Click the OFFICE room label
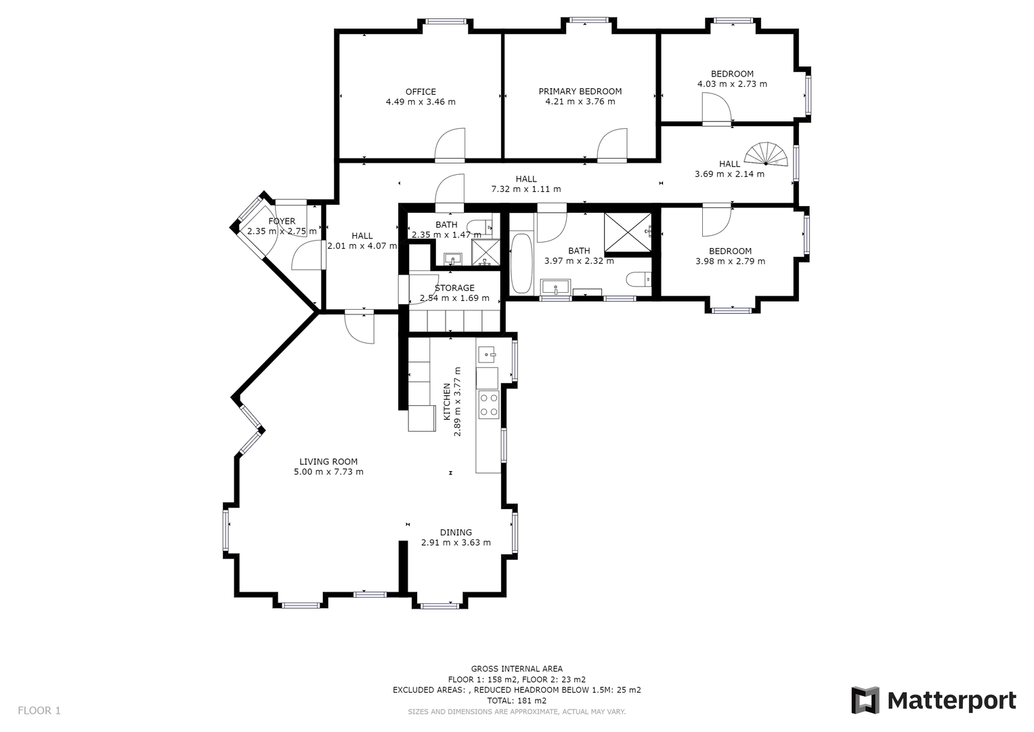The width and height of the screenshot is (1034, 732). [421, 91]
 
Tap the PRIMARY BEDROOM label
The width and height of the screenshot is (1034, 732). [580, 91]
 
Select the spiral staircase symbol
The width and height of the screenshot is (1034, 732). [767, 154]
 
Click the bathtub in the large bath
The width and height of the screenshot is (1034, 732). [521, 263]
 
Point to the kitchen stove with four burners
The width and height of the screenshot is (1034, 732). [488, 405]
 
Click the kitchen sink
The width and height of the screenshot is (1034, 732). [487, 354]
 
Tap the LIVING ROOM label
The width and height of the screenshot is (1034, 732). [328, 461]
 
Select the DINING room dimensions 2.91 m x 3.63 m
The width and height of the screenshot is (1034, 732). [456, 542]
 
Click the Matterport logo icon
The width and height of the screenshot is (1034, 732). [865, 700]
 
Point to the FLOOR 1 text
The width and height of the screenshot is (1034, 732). [39, 710]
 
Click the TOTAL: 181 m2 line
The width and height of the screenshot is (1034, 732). [517, 701]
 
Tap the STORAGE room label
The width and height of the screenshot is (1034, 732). [454, 288]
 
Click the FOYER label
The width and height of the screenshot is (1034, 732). [282, 222]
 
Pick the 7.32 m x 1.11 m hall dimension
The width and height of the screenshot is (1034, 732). [525, 189]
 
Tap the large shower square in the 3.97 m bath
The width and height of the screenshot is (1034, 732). [628, 232]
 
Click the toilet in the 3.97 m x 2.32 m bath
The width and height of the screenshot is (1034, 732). [639, 279]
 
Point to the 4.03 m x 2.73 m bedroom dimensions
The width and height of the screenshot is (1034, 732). [732, 83]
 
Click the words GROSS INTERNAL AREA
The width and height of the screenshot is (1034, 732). [517, 669]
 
